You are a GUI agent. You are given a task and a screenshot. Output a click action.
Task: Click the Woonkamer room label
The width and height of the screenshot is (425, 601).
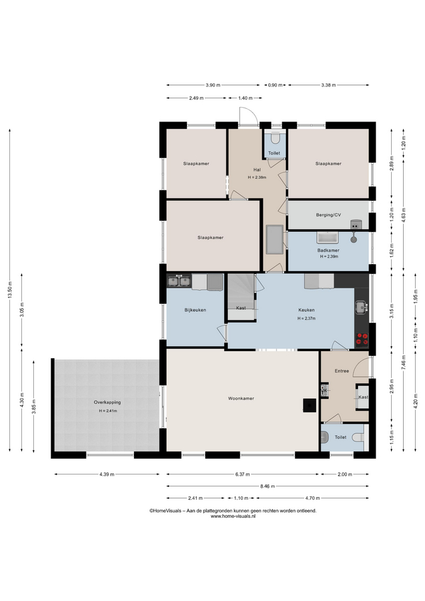pos(241,399)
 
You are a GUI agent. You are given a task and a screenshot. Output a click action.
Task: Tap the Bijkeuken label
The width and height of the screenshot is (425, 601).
pos(195,310)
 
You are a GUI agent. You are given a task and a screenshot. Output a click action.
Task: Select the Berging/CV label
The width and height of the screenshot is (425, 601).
pos(329,215)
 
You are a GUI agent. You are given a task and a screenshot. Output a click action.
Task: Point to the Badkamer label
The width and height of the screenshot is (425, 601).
pos(329,250)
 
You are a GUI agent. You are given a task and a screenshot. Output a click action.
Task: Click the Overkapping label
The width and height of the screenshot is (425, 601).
pos(107,403)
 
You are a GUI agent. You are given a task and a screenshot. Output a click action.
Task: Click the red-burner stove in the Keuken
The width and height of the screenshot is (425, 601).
pos(362,339)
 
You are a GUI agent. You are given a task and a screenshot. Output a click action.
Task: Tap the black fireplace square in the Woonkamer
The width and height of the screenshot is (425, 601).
pos(310,406)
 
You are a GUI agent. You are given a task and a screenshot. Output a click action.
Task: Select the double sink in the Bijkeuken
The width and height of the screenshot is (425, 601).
pos(180,282)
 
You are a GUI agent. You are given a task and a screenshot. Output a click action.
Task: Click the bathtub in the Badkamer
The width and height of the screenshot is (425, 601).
pos(327,238)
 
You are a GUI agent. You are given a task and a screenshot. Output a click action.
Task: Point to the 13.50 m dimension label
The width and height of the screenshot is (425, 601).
pos(10,290)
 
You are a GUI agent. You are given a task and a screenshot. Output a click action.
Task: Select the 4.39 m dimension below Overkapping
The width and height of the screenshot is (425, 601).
pos(107,474)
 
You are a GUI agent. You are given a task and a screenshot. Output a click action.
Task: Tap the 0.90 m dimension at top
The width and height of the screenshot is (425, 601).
pos(275,85)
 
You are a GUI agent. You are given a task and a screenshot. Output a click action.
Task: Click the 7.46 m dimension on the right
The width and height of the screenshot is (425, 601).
pos(403,362)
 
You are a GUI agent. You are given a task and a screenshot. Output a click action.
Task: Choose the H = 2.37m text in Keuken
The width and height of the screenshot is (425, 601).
pos(307,319)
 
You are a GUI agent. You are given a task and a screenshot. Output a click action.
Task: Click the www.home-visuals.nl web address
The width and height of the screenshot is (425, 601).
pos(233,516)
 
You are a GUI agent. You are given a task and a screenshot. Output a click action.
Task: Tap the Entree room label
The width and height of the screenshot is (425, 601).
pos(342,371)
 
